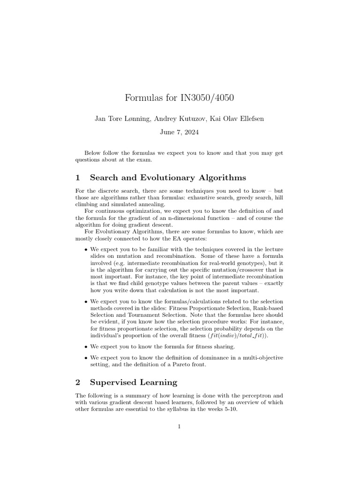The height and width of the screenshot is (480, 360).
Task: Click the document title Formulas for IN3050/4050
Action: pyautogui.click(x=180, y=98)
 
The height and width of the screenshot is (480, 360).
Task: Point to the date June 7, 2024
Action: pyautogui.click(x=180, y=132)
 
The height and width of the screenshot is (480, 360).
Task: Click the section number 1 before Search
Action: pyautogui.click(x=78, y=178)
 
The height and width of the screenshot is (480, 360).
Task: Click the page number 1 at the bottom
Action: pyautogui.click(x=180, y=426)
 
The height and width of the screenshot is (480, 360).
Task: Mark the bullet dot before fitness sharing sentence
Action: pyautogui.click(x=86, y=347)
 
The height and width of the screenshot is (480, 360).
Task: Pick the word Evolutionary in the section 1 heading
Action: pyautogui.click(x=170, y=178)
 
